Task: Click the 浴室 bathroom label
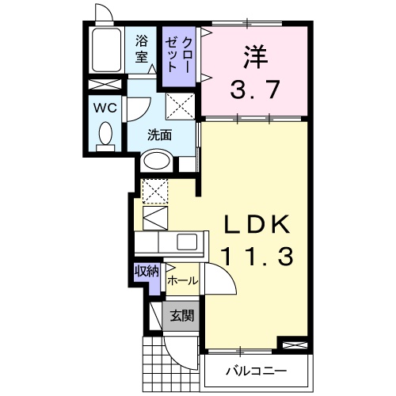pyautogui.click(x=143, y=48)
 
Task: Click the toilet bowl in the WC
pyautogui.click(x=103, y=135)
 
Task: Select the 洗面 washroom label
pyautogui.click(x=159, y=134)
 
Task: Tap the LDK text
pyautogui.click(x=256, y=225)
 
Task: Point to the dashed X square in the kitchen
pyautogui.click(x=154, y=190)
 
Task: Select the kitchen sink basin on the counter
pyautogui.click(x=188, y=242)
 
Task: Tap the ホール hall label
pyautogui.click(x=182, y=280)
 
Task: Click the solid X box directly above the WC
pyautogui.click(x=103, y=86)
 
